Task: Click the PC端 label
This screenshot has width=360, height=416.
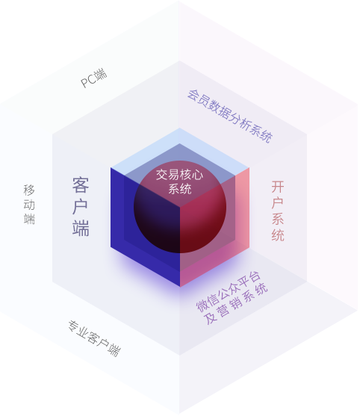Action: tap(94, 78)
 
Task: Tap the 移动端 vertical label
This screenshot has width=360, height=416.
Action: tap(29, 205)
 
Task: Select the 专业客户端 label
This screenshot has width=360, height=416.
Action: tap(95, 338)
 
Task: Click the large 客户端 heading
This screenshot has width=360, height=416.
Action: tap(81, 206)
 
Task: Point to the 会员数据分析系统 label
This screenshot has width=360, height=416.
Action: tap(230, 116)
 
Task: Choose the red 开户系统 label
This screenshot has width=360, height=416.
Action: tap(278, 211)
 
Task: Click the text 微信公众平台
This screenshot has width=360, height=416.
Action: tap(229, 291)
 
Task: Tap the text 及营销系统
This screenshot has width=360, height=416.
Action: tap(236, 304)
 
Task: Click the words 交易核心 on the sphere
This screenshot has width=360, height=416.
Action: tap(179, 175)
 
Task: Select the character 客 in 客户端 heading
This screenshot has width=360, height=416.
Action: tap(81, 185)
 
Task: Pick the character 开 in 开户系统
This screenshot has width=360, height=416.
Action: tap(278, 187)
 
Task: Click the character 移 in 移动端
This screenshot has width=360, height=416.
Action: tap(29, 190)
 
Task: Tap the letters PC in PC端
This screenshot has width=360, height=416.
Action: tap(89, 81)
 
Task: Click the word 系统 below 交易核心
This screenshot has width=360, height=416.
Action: tap(180, 189)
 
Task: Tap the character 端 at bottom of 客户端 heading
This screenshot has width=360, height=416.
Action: tap(81, 228)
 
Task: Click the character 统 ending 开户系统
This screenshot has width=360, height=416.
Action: tap(278, 235)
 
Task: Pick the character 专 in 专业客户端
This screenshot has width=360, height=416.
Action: tap(73, 326)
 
